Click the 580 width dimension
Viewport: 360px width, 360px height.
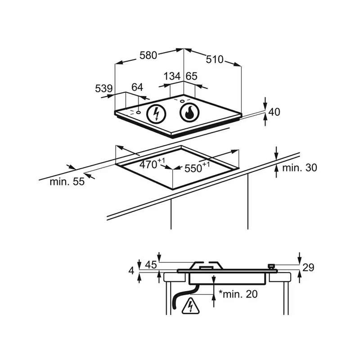[148, 55]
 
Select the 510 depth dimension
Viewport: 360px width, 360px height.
[215, 59]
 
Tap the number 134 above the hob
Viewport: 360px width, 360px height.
[172, 76]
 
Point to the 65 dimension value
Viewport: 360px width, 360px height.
[191, 76]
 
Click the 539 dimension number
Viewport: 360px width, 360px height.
[104, 88]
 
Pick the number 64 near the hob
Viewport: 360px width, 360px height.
[137, 87]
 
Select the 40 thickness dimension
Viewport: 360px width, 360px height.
[274, 112]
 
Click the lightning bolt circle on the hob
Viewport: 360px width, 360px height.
[156, 114]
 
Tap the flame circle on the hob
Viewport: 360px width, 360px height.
[189, 112]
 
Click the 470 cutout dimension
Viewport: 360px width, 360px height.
[152, 163]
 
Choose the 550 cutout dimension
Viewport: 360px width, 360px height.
[197, 167]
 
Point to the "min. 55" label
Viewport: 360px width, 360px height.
[67, 182]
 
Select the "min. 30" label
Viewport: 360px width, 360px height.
[299, 168]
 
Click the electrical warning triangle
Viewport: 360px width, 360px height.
[190, 306]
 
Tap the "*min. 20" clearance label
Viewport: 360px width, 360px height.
[238, 294]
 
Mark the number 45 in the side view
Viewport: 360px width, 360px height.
[151, 265]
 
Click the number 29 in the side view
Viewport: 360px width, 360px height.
[308, 267]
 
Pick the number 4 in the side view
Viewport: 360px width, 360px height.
[131, 271]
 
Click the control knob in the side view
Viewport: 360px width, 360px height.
[272, 266]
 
